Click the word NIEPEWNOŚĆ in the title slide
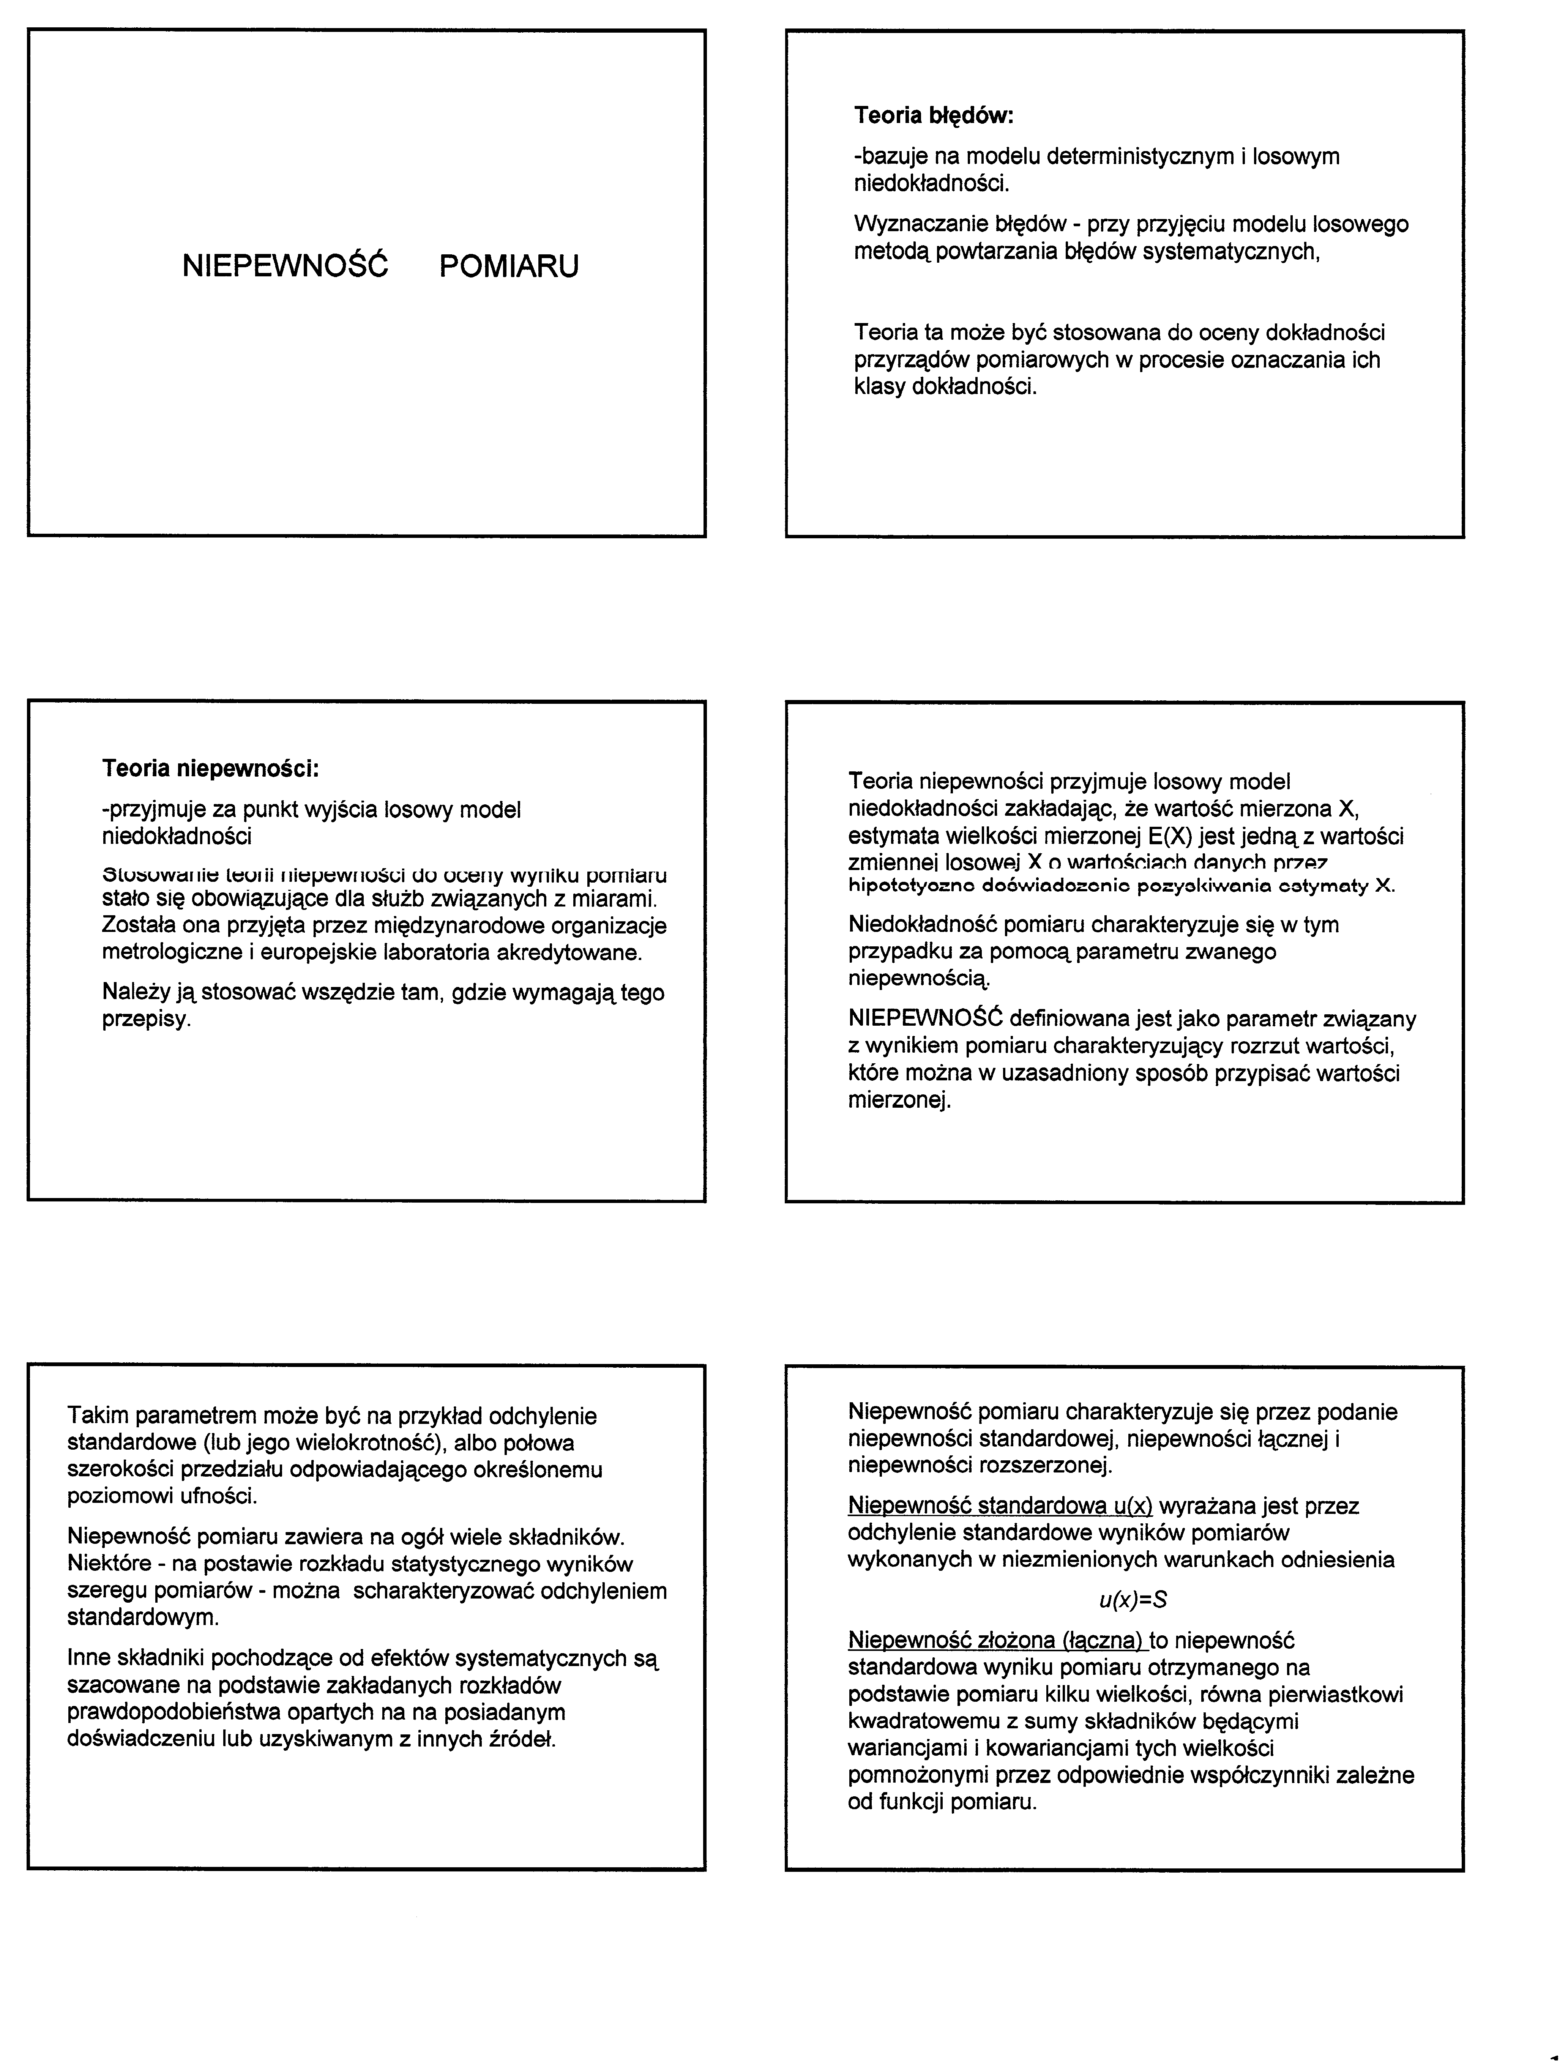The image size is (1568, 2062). point(285,267)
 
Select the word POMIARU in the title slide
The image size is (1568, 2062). point(509,267)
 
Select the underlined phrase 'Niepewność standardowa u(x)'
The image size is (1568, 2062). point(1000,1506)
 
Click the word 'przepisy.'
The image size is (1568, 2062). point(147,1019)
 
